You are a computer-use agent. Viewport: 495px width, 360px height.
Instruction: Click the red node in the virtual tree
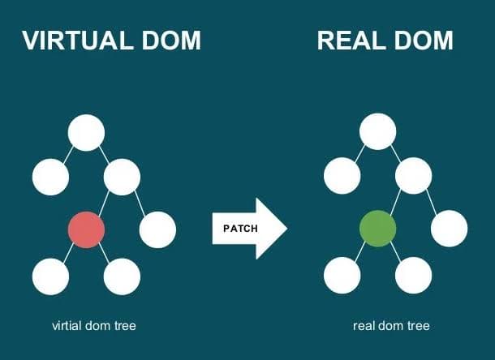[86, 229]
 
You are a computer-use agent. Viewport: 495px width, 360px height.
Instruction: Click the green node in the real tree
[377, 229]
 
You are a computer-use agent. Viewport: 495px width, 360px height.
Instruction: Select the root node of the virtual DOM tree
[86, 133]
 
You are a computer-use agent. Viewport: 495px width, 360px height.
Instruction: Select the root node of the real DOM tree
[377, 133]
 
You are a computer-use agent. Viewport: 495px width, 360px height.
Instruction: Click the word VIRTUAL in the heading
[77, 41]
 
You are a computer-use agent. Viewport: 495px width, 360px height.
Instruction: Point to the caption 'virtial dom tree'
[93, 326]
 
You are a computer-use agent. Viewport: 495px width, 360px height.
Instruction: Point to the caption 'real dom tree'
[391, 326]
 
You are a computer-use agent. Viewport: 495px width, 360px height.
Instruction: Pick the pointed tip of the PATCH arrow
[286, 229]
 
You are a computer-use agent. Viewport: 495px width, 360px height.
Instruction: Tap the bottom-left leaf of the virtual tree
[50, 276]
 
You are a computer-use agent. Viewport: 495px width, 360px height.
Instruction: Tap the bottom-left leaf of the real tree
[342, 276]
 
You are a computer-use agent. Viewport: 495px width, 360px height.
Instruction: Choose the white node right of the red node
[157, 229]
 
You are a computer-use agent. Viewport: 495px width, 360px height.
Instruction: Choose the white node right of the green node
[449, 229]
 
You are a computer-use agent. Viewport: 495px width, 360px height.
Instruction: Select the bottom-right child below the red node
[122, 276]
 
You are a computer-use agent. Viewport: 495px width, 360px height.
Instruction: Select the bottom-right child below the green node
[413, 276]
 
